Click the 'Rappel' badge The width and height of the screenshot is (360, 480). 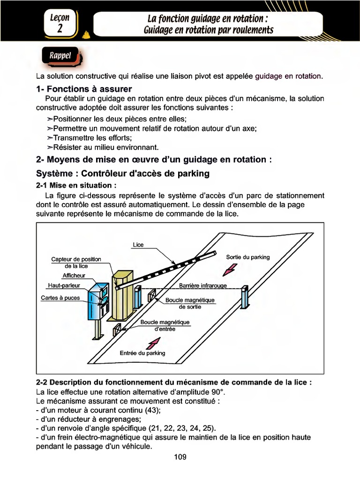coord(60,56)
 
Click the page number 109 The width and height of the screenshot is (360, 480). coord(180,457)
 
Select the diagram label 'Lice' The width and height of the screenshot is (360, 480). coord(138,245)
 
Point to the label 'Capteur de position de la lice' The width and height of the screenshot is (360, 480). coord(76,262)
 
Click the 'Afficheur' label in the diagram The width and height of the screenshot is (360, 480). coord(74,276)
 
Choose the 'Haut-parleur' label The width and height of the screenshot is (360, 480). coord(64,285)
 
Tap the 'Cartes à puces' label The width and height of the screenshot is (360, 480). coord(60,298)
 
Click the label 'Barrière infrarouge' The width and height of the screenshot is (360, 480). coord(203,285)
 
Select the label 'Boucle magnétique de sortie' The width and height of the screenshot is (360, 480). coord(190,303)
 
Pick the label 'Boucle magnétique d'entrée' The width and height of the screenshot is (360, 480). coord(165,325)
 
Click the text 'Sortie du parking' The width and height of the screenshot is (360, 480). coord(247,257)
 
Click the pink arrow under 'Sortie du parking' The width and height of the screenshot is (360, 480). coord(231,270)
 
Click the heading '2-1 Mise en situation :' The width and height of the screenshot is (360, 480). coord(76,185)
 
